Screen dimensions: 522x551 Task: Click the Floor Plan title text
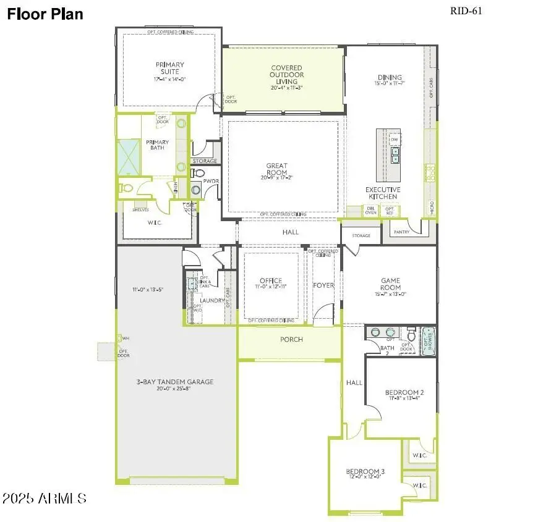pos(45,14)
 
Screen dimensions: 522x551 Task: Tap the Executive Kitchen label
pos(383,193)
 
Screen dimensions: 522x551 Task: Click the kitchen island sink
pos(395,154)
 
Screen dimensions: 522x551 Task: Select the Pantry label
pos(401,232)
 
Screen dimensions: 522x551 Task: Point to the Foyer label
pos(323,285)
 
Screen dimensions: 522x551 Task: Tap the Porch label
pos(291,339)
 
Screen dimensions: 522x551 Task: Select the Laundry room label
pos(212,300)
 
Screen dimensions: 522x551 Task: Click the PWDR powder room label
pos(211,181)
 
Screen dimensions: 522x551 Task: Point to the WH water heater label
pos(126,338)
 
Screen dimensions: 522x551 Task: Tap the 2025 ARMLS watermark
pos(44,497)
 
